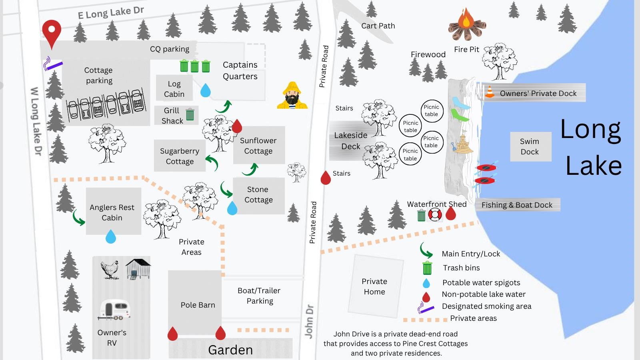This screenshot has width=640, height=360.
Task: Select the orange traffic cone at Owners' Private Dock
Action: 489,92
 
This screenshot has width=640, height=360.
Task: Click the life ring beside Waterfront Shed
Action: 435,215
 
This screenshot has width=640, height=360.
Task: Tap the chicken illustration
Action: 110,269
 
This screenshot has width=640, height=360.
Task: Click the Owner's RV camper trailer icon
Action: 114,310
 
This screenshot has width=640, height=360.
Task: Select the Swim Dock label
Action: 529,146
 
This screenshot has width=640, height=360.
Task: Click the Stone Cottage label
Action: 258,194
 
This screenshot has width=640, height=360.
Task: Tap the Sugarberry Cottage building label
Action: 180,156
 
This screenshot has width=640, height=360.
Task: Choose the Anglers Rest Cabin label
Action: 112,212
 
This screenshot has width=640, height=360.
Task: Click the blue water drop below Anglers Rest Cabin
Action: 111,237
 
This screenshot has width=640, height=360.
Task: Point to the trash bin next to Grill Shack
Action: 190,114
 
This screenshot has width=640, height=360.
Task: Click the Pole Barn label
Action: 198,305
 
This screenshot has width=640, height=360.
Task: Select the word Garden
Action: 230,350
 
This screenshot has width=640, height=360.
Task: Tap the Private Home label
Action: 374,286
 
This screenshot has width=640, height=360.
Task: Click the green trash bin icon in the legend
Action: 427,268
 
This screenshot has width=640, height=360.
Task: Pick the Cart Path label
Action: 378,26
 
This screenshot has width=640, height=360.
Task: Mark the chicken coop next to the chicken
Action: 138,268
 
